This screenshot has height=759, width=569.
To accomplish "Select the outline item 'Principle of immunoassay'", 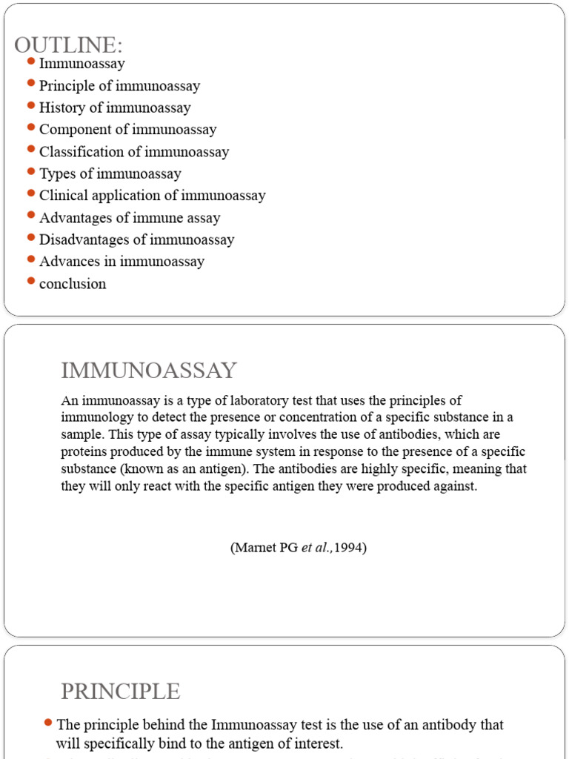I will (119, 86).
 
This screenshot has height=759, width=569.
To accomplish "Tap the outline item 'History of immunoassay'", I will (115, 108).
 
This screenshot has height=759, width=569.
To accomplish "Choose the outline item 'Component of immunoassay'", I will (127, 130).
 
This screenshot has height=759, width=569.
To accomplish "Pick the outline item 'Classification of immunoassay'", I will (134, 152).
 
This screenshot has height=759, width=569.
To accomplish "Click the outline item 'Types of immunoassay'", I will (110, 174).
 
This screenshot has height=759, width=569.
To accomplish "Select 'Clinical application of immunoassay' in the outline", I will (152, 196).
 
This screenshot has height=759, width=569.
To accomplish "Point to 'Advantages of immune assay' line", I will (130, 218).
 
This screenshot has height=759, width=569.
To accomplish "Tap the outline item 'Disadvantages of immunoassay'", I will (136, 239).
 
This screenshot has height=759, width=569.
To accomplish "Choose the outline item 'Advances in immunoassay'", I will (122, 262).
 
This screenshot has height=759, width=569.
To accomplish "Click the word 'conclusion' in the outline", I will (73, 284).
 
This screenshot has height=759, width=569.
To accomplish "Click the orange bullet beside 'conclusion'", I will (30, 281).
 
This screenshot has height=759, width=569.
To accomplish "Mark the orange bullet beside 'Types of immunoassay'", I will (30, 171).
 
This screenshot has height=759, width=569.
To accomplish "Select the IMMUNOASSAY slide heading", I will (149, 371).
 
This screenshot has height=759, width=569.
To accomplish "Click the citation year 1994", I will (349, 549).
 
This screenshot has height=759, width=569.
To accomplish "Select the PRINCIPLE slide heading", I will (120, 692).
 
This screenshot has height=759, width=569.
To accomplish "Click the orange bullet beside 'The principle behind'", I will (48, 722).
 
